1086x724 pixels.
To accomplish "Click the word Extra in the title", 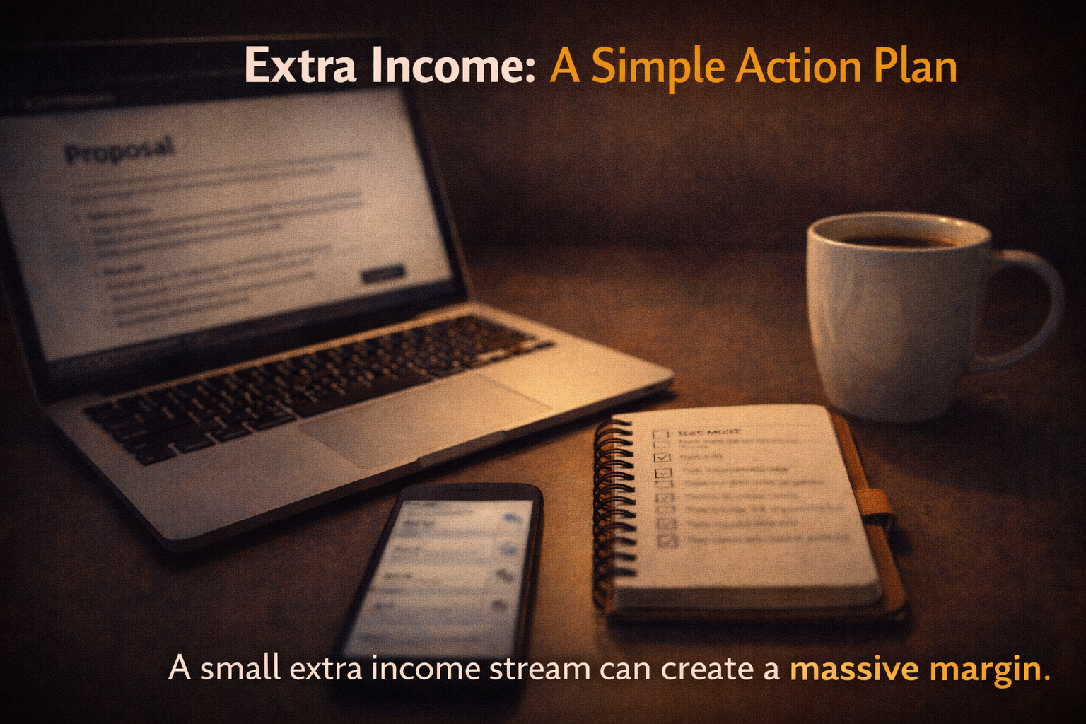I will (x=300, y=66).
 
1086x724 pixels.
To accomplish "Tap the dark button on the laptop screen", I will (x=383, y=274).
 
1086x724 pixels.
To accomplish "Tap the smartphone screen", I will (x=445, y=573).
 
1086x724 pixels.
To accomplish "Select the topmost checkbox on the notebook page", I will (x=660, y=435).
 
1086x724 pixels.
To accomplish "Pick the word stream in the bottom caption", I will (x=539, y=669).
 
